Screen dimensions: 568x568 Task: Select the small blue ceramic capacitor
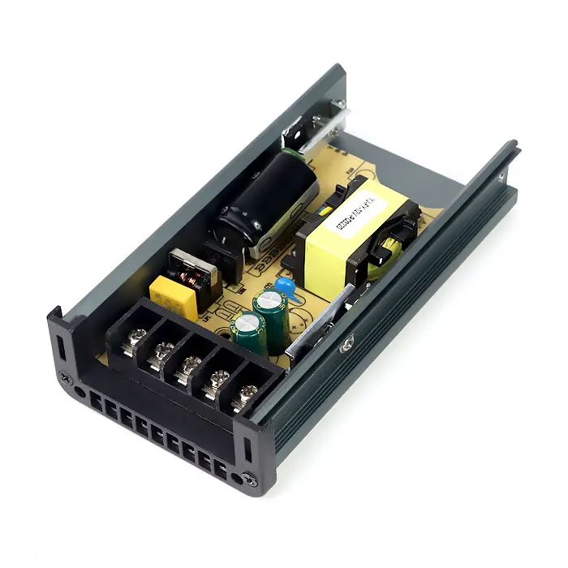(x=284, y=286)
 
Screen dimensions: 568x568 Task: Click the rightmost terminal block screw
(x=247, y=395)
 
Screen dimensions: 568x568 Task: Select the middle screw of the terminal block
(x=187, y=366)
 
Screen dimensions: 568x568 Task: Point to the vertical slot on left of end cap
(x=60, y=344)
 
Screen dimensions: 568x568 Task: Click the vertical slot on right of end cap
(x=246, y=445)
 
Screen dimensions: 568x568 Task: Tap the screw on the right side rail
(x=347, y=344)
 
